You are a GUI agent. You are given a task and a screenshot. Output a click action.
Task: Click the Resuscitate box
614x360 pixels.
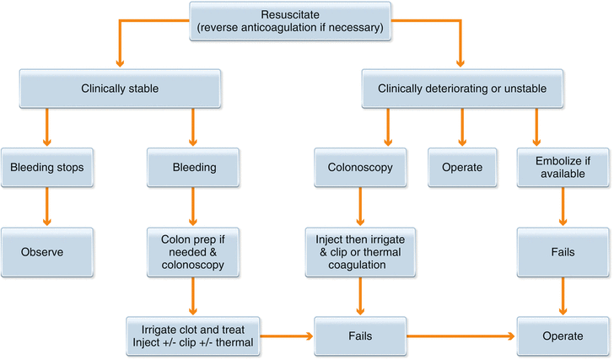(x=289, y=20)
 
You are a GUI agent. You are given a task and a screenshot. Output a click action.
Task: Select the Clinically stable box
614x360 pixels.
(x=120, y=88)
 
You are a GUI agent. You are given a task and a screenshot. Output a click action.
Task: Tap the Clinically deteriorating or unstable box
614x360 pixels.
(x=461, y=88)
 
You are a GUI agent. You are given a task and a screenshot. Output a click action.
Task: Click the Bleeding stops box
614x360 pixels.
(x=45, y=167)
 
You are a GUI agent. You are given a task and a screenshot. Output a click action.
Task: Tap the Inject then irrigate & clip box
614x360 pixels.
(x=360, y=251)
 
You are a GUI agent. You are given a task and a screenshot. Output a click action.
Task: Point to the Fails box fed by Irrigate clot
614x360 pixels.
(x=360, y=336)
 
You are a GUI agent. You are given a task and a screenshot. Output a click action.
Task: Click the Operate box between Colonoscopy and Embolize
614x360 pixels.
(x=461, y=167)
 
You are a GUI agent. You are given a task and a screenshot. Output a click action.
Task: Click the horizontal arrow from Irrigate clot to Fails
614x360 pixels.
(x=286, y=336)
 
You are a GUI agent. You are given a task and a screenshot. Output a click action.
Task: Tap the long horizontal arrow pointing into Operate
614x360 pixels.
(x=460, y=336)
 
